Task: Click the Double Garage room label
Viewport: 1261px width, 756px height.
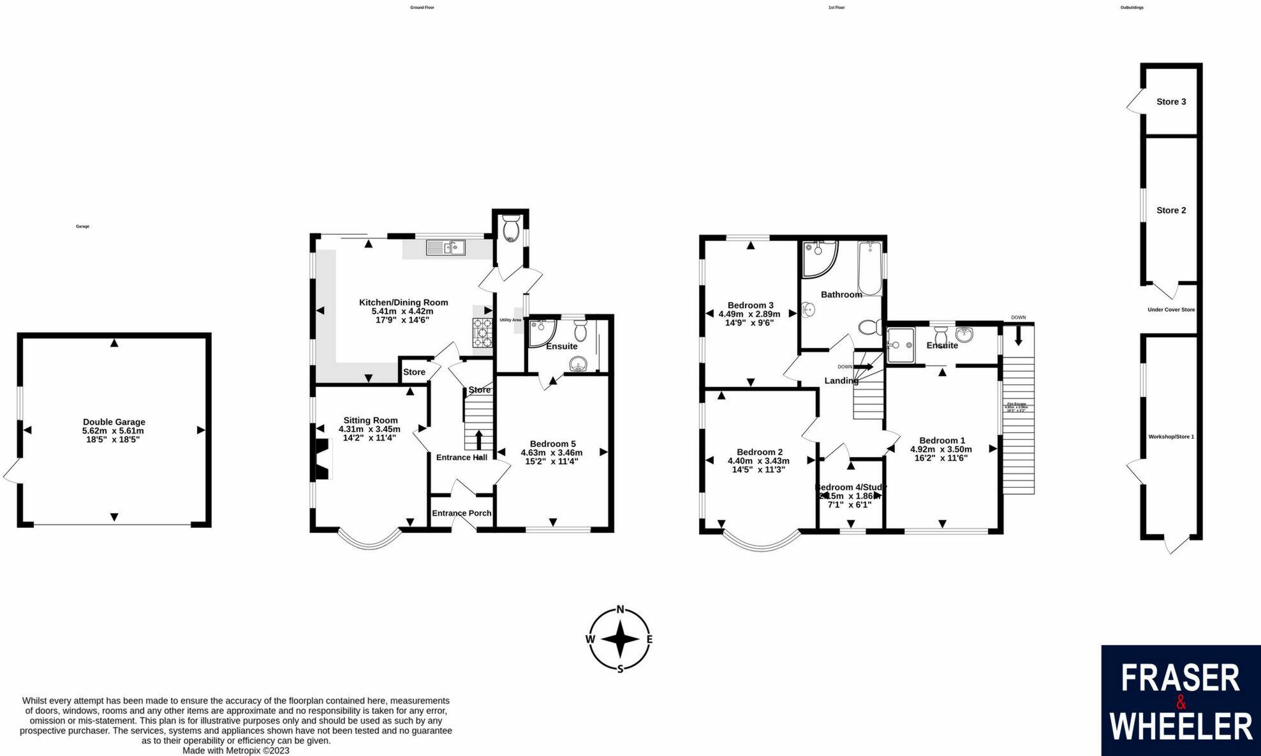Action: click(114, 422)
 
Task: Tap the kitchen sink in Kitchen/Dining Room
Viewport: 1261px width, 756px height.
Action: click(446, 247)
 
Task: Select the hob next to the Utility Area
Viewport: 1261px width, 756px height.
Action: click(482, 333)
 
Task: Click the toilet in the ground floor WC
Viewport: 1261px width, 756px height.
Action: click(511, 227)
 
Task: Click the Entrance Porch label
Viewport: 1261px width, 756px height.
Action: click(462, 513)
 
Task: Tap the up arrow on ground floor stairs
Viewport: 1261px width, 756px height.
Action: click(478, 439)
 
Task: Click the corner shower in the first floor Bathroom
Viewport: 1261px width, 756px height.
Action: click(818, 258)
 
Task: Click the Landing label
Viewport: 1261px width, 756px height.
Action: click(841, 381)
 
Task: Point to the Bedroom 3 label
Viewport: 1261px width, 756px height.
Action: click(750, 305)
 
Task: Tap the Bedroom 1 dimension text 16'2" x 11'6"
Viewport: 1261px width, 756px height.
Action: click(941, 458)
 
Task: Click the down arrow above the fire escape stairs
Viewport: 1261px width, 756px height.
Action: click(1018, 335)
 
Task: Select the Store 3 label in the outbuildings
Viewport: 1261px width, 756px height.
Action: click(1171, 102)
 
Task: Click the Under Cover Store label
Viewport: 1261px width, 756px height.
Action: click(1171, 310)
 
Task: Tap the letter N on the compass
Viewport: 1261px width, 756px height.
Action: click(620, 609)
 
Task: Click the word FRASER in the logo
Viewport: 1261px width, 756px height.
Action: click(1180, 678)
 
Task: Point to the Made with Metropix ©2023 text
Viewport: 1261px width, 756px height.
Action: click(236, 750)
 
